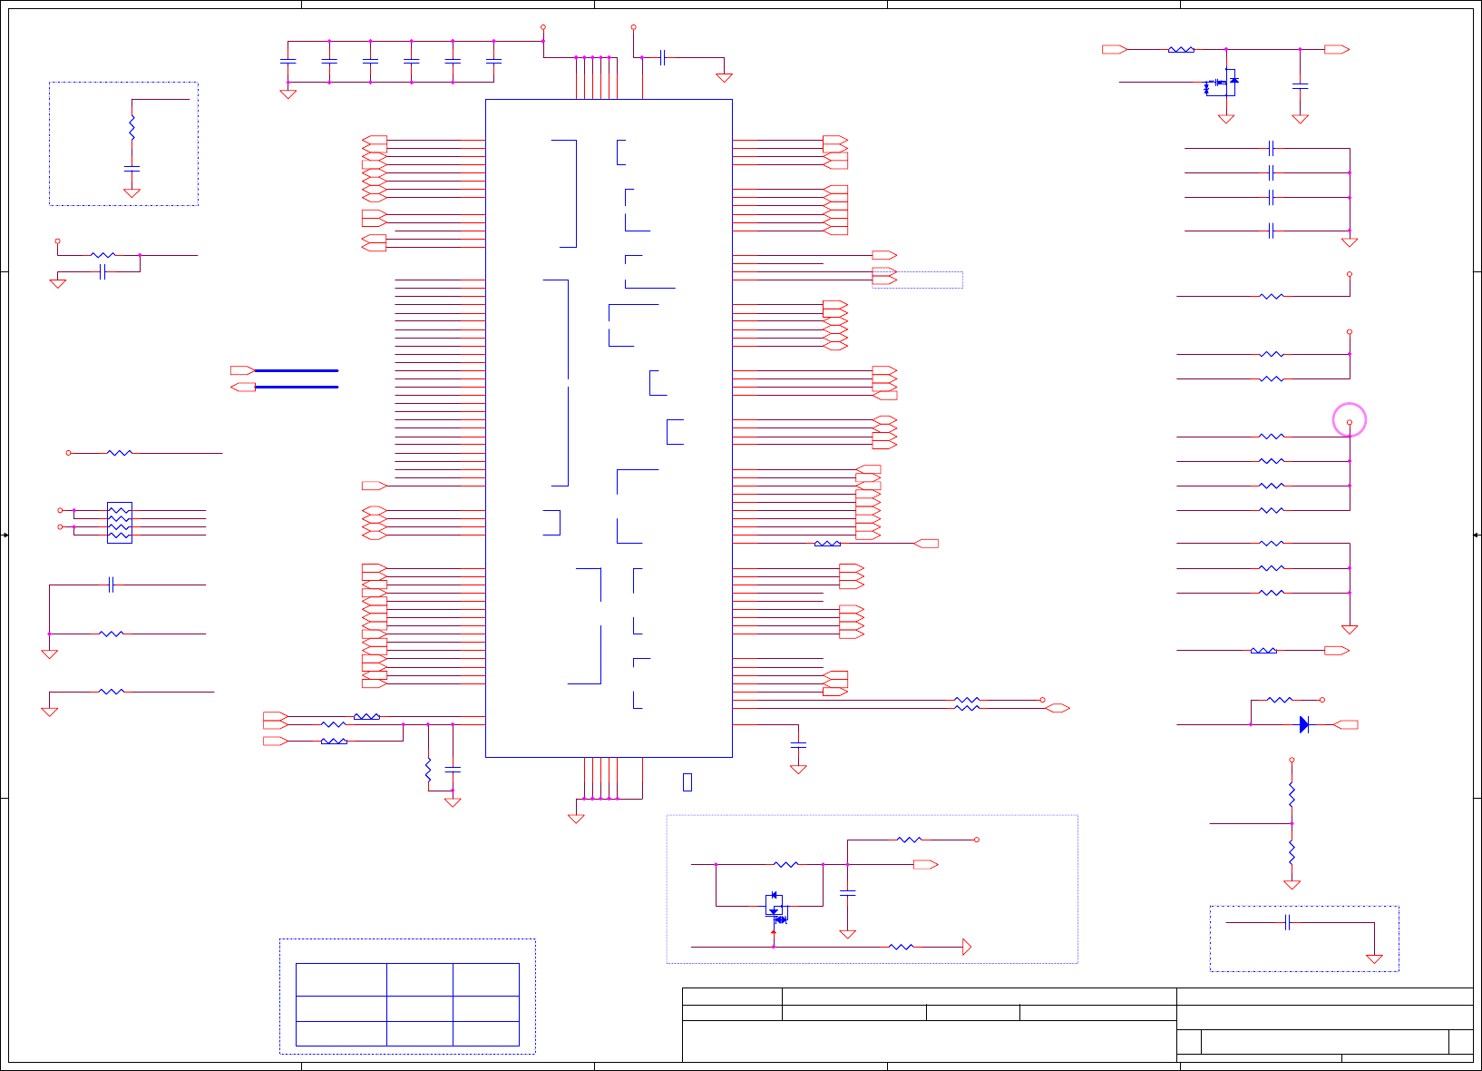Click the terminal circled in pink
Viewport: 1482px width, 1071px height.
tap(1349, 422)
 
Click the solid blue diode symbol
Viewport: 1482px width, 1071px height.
tap(1304, 724)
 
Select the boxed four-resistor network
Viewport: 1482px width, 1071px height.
tap(119, 523)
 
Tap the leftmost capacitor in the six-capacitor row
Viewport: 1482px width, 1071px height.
tap(288, 61)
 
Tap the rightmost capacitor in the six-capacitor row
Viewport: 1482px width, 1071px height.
tap(493, 61)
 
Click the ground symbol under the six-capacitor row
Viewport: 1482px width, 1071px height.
tap(288, 93)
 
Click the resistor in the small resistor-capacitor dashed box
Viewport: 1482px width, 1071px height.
tap(132, 127)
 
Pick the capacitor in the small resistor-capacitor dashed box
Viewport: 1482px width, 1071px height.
tap(132, 169)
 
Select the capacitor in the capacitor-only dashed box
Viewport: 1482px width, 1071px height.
tap(1287, 922)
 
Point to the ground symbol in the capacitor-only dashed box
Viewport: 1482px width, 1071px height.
tap(1374, 958)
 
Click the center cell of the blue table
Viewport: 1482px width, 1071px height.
tap(419, 1008)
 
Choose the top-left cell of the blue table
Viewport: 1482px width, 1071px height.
tap(341, 979)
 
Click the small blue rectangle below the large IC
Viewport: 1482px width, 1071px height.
tap(687, 781)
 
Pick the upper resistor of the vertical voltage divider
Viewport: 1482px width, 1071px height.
tap(1292, 795)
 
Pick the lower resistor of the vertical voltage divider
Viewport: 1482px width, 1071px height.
tap(1292, 853)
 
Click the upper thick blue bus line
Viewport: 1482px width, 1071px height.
tap(296, 370)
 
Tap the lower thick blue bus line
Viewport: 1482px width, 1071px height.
tap(296, 387)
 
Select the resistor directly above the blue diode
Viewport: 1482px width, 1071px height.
tap(1279, 700)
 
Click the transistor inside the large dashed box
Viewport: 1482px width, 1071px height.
tap(775, 907)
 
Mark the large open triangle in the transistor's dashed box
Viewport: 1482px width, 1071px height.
tap(966, 947)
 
